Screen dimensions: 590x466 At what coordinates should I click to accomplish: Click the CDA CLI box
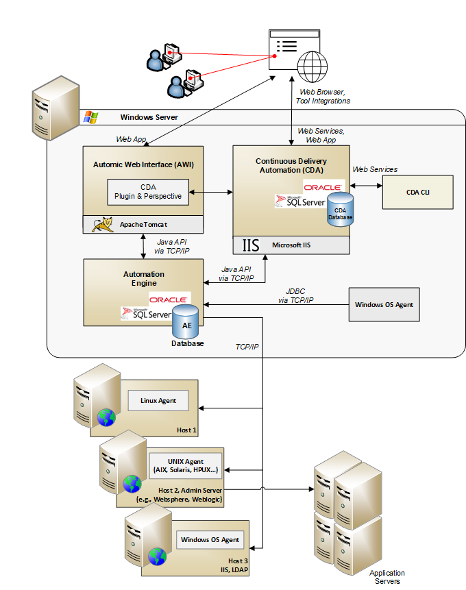click(418, 192)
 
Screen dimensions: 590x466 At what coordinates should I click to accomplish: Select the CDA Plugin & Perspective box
click(148, 192)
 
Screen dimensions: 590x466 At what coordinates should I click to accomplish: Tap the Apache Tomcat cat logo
click(103, 225)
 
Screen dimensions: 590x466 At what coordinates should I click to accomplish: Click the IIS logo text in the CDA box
click(251, 245)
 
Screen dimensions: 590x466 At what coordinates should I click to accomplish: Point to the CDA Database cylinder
click(339, 207)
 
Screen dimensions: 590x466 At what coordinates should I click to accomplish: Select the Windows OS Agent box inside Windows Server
click(384, 304)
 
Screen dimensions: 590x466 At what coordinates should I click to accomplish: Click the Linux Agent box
click(158, 400)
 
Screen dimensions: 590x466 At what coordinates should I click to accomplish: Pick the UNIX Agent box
click(185, 466)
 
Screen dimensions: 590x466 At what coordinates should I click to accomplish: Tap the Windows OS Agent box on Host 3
click(210, 539)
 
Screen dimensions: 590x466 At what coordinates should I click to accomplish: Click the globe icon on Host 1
click(106, 417)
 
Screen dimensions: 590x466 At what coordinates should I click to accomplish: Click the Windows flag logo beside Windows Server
click(90, 117)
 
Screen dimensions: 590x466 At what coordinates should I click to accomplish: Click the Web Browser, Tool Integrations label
click(323, 96)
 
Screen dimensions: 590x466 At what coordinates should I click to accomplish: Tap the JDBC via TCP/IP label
click(295, 295)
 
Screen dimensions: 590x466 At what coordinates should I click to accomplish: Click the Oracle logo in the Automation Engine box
click(169, 299)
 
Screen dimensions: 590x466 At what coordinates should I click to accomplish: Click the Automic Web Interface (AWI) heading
click(143, 164)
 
